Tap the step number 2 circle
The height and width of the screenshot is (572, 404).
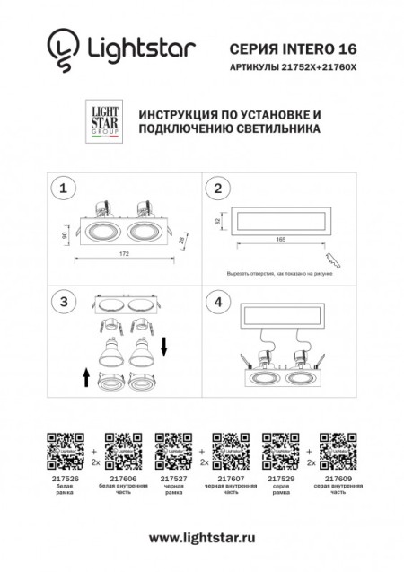pos(216,189)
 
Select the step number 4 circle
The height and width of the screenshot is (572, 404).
pos(216,302)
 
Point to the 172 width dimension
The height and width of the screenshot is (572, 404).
pos(124,254)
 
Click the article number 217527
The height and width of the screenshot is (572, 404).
pos(169,480)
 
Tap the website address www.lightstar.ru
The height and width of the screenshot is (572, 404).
pos(201,537)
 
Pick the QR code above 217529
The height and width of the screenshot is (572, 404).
pos(279,447)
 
